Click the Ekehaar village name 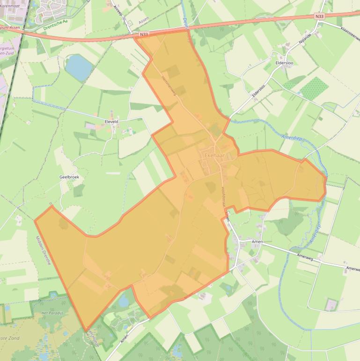(x=215, y=155)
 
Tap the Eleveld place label (x=111, y=121)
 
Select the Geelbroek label (x=69, y=177)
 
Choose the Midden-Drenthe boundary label (x=43, y=250)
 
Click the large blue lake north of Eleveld (x=79, y=67)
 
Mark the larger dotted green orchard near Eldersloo (x=314, y=88)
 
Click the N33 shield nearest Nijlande (x=319, y=16)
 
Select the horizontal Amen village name (x=257, y=242)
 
